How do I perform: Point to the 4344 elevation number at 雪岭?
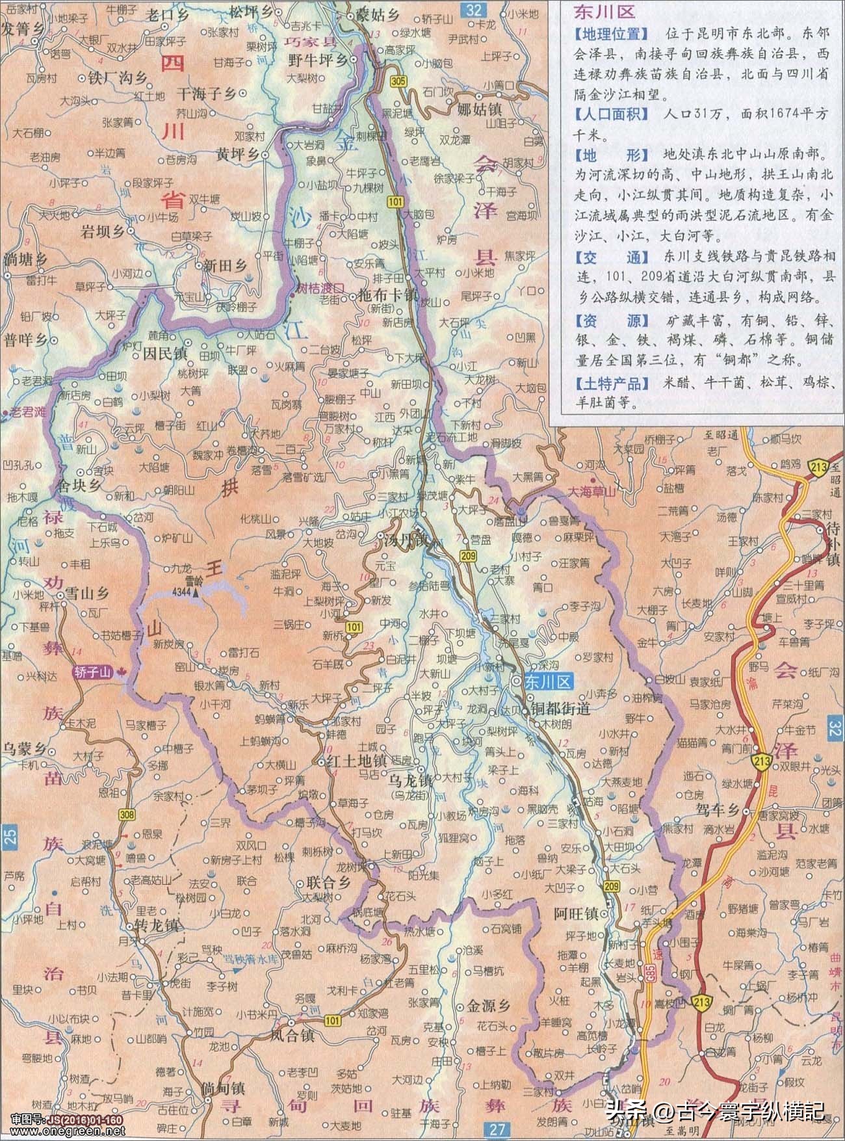point(185,591)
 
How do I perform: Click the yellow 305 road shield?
point(398,80)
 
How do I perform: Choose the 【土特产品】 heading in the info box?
point(612,384)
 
